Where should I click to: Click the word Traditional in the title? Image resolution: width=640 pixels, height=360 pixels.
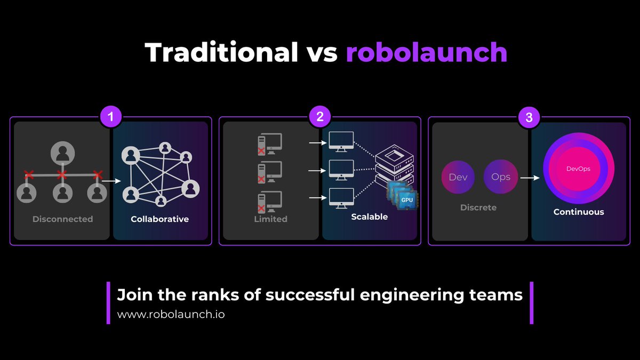(x=221, y=52)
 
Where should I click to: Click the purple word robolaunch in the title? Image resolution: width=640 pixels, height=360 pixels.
(x=426, y=52)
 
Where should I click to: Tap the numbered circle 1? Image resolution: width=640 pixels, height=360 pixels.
(x=110, y=117)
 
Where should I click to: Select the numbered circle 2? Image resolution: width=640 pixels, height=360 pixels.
(x=320, y=117)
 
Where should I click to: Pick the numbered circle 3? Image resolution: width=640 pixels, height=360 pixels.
(x=529, y=117)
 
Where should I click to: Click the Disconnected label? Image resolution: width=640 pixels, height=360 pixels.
(x=62, y=219)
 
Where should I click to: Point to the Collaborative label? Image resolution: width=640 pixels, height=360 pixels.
(x=160, y=219)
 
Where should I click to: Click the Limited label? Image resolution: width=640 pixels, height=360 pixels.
(x=271, y=219)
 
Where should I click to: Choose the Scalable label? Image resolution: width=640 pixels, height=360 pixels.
(x=369, y=217)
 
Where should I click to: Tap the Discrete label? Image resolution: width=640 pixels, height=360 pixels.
(x=478, y=207)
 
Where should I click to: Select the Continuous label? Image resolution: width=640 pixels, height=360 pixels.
(x=579, y=212)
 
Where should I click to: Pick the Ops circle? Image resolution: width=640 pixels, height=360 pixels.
(x=500, y=177)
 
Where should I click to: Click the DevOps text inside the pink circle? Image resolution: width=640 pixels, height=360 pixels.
(x=579, y=169)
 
